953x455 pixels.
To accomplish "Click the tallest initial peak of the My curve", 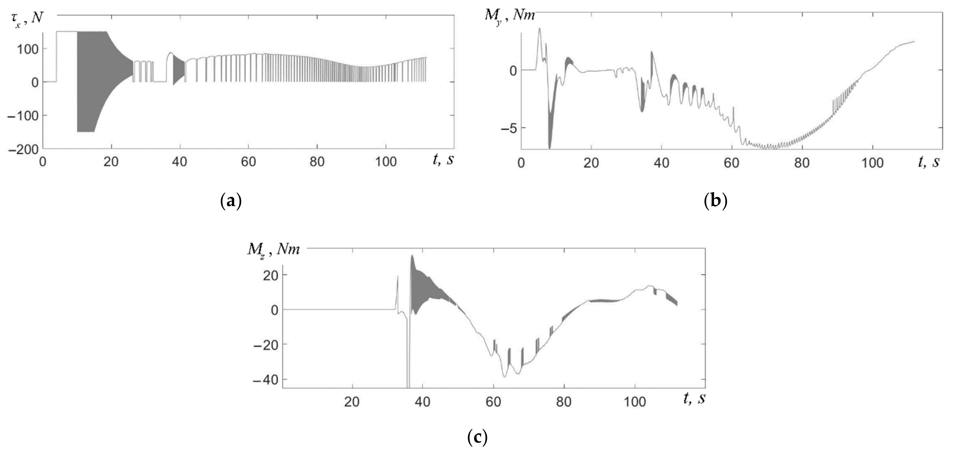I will coord(539,28).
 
